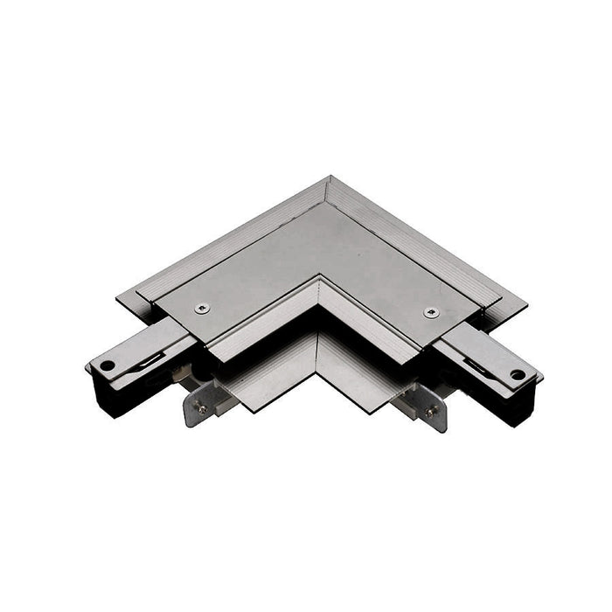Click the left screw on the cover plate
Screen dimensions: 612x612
204,306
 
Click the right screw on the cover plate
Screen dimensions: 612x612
429,312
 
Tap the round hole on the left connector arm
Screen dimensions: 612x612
107,365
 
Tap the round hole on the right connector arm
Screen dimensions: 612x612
517,373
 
